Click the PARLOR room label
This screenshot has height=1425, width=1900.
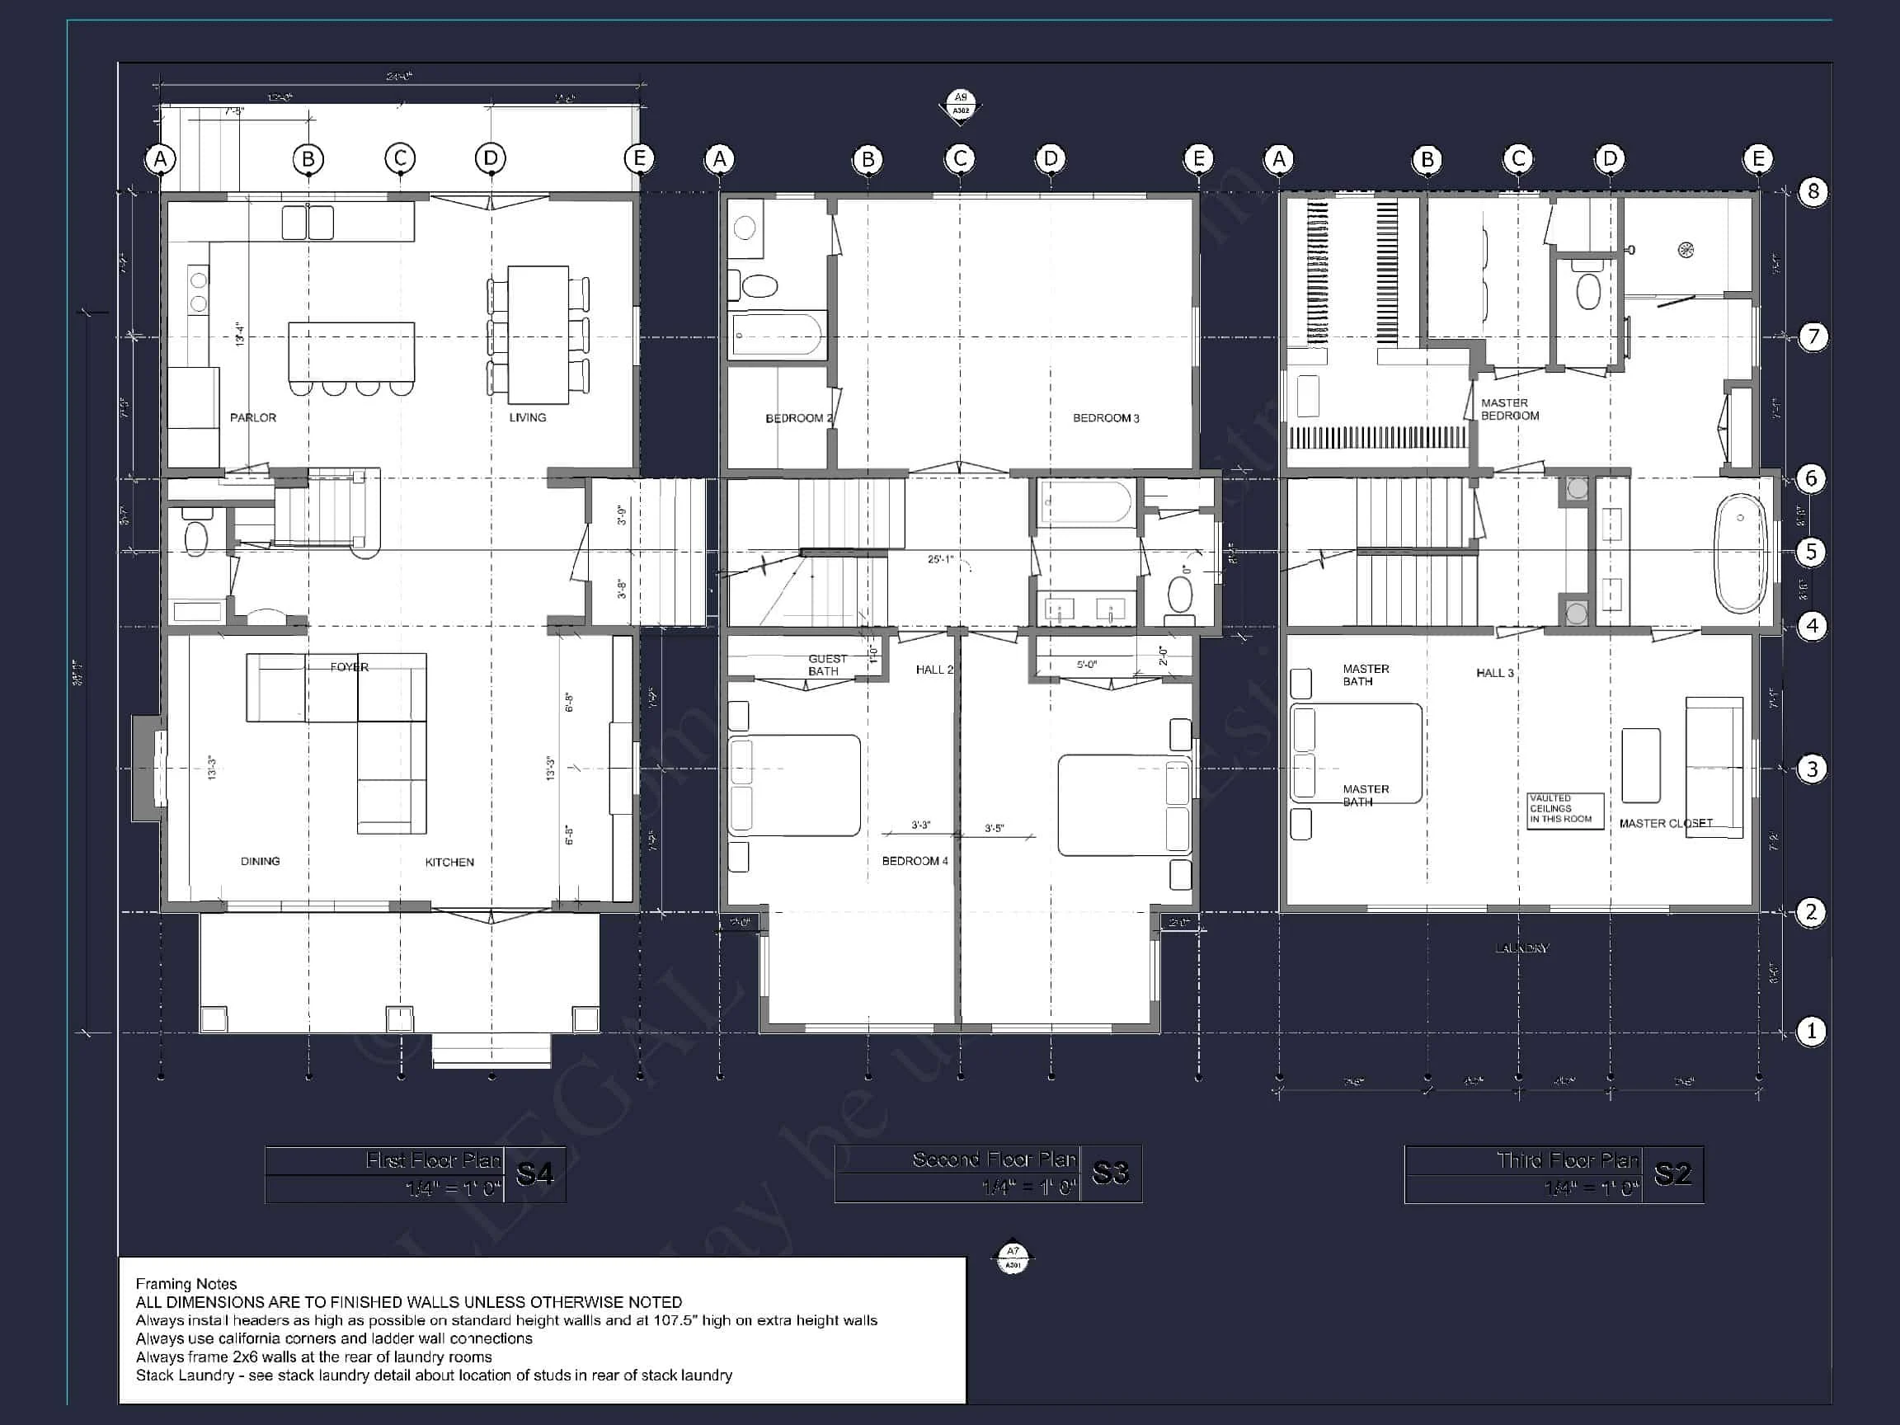pyautogui.click(x=252, y=417)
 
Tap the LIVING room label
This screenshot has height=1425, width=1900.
pyautogui.click(x=528, y=417)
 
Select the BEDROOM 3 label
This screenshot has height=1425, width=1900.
pyautogui.click(x=1106, y=418)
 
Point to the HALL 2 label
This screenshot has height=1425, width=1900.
pyautogui.click(x=934, y=669)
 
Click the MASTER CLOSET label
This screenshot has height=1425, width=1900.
pyautogui.click(x=1666, y=823)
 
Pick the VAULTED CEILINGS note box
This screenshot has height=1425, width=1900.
pyautogui.click(x=1565, y=809)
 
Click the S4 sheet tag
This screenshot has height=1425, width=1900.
pyautogui.click(x=534, y=1174)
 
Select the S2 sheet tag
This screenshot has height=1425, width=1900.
pyautogui.click(x=1672, y=1174)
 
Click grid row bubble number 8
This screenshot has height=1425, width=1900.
pyautogui.click(x=1813, y=190)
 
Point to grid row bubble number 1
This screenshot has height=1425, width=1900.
pyautogui.click(x=1812, y=1031)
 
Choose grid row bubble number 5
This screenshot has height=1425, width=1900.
pyautogui.click(x=1812, y=552)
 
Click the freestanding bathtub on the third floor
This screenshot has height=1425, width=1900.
pyautogui.click(x=1740, y=553)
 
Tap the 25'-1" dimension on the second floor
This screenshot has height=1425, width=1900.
pyautogui.click(x=940, y=559)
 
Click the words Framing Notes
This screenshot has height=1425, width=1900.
pyautogui.click(x=186, y=1283)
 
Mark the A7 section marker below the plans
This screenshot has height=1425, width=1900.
pyautogui.click(x=1013, y=1258)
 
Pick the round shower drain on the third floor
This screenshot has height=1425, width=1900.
pyautogui.click(x=1686, y=250)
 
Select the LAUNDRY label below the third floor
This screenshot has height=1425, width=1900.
pyautogui.click(x=1521, y=948)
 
